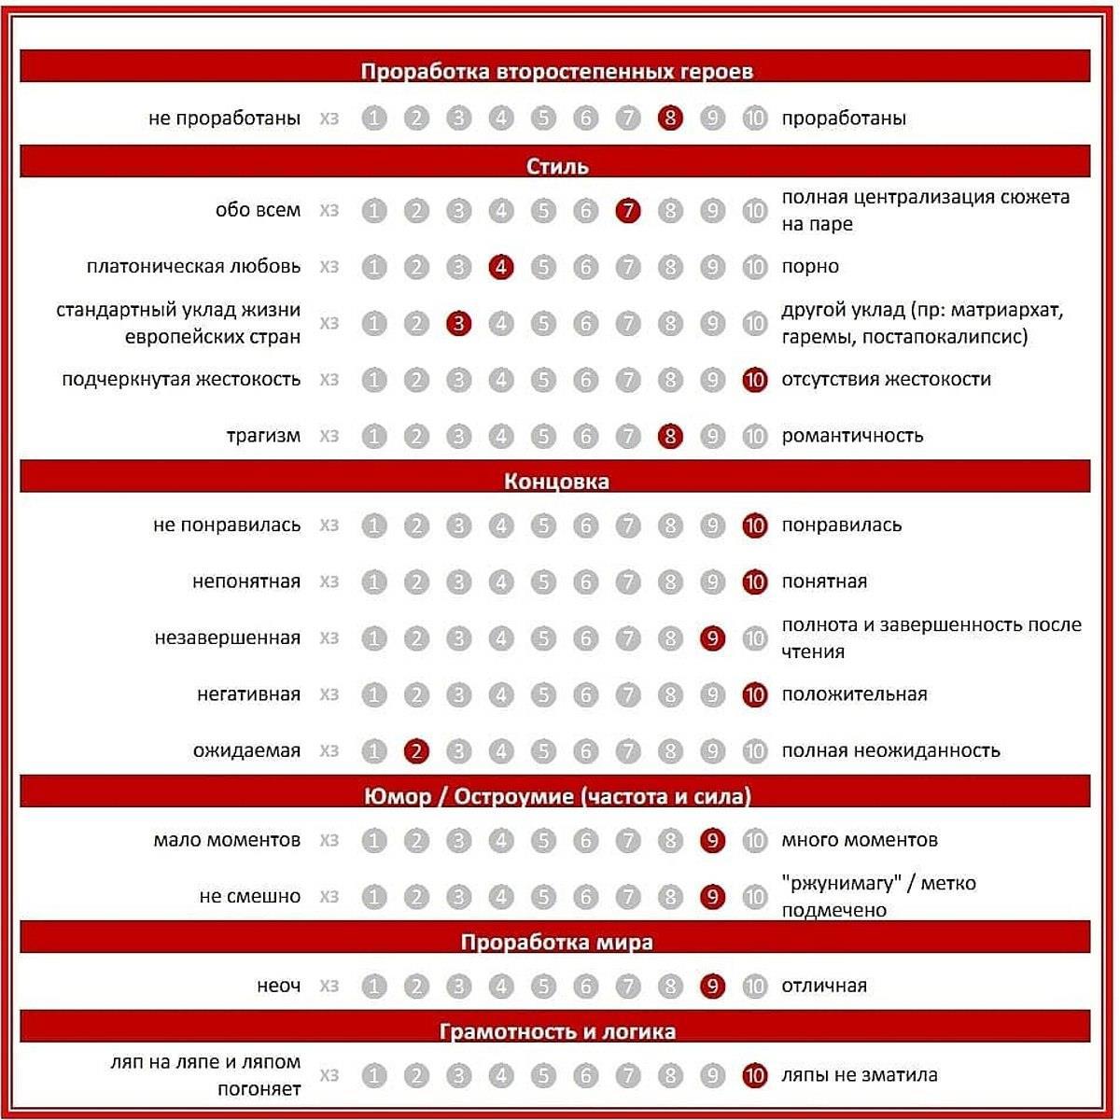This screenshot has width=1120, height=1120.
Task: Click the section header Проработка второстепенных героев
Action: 556,72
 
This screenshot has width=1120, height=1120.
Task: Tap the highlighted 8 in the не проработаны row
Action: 670,119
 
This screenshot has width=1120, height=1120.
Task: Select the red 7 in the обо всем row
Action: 628,211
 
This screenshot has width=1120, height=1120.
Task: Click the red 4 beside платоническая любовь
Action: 501,267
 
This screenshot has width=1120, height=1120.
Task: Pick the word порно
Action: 810,267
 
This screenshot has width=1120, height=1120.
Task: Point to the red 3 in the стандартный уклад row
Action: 458,324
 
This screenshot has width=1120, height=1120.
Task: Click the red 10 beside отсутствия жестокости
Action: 754,380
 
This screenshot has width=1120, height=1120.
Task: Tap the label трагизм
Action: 263,436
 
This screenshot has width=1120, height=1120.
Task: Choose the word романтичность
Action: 852,436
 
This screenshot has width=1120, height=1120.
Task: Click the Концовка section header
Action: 556,482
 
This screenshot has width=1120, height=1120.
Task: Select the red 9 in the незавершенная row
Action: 712,638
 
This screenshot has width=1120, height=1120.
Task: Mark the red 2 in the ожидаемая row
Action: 416,751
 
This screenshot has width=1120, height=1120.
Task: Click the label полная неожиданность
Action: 890,750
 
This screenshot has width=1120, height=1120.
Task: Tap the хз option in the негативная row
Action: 329,694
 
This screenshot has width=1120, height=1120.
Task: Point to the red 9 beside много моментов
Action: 712,841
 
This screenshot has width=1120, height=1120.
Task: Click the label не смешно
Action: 250,897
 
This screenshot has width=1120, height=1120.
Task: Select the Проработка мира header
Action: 556,942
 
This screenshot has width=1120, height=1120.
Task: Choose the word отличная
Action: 824,986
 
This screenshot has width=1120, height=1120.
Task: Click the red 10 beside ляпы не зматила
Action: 754,1076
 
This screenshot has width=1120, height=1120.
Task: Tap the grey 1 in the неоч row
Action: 374,987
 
